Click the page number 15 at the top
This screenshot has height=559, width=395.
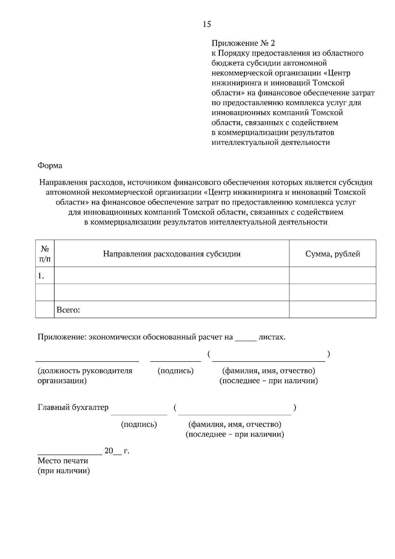point(207,24)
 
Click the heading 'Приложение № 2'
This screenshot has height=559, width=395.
point(243,43)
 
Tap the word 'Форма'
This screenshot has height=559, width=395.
point(50,166)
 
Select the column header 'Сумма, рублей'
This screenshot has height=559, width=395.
point(332,254)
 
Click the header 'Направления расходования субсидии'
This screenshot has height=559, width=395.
point(171,254)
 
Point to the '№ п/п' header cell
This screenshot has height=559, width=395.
point(45,254)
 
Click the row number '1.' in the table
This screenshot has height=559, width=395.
point(41,276)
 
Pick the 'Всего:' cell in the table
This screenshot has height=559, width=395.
point(68,310)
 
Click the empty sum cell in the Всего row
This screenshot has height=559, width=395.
point(332,310)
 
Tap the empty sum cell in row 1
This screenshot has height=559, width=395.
point(332,276)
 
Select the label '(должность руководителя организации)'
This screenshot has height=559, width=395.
point(85,376)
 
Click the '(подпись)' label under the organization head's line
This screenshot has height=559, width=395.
point(175,371)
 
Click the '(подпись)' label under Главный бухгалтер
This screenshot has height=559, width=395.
point(139,424)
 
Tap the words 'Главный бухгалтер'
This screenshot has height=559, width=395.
point(73,408)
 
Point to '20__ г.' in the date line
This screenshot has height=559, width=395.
point(117,451)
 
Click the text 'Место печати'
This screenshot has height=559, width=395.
point(63,461)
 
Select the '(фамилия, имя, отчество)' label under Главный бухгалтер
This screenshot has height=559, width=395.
point(234,424)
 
